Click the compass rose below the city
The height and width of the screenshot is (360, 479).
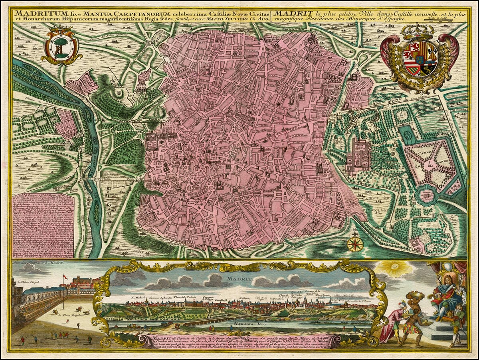tap(354, 243)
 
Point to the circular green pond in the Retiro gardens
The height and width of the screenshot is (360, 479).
tap(426, 195)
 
